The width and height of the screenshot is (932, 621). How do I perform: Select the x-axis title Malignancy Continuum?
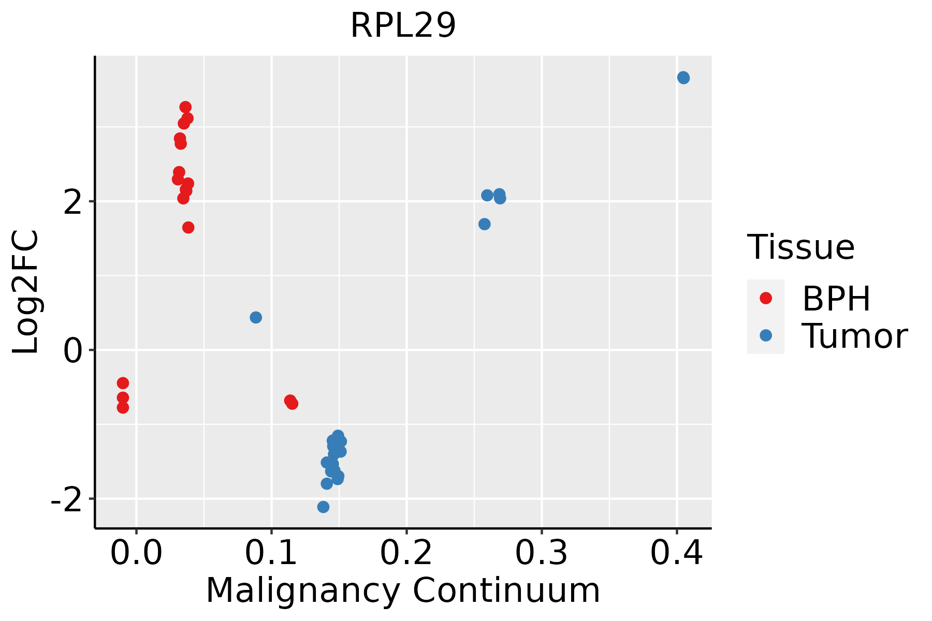[403, 591]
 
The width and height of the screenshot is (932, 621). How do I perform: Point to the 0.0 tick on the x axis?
[136, 554]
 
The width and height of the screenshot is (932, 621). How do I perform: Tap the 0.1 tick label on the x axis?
[271, 554]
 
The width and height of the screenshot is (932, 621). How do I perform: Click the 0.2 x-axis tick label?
[406, 554]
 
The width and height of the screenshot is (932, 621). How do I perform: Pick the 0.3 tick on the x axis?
[542, 554]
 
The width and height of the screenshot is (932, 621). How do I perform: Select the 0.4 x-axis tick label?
[676, 554]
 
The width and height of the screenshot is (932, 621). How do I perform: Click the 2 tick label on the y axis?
[73, 202]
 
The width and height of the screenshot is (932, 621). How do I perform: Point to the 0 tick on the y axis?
[73, 351]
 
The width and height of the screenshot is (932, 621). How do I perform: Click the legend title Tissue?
[801, 247]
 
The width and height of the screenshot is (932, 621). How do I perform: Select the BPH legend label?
[836, 299]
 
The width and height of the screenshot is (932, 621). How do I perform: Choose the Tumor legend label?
[854, 336]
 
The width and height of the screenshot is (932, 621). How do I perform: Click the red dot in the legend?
[765, 298]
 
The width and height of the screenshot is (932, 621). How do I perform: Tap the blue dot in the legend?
[765, 335]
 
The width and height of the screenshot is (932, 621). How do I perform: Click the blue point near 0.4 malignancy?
[683, 78]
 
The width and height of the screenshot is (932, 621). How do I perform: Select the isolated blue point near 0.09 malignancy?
[256, 317]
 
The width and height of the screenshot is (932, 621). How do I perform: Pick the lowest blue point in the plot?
[323, 507]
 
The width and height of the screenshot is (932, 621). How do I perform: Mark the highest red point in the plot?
[185, 107]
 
